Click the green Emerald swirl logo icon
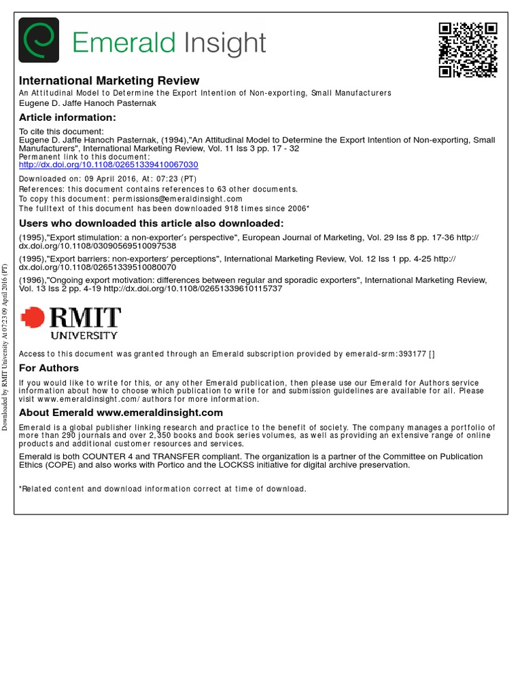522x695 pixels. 39,40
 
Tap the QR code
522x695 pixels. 467,50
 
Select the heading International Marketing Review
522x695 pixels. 109,81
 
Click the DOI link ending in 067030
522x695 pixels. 108,165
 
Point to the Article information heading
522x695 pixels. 67,117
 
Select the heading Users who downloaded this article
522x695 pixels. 151,223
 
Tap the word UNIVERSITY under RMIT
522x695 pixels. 84,335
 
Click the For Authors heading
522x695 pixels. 49,368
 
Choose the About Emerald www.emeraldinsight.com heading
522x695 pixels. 121,413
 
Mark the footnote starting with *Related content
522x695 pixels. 162,489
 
